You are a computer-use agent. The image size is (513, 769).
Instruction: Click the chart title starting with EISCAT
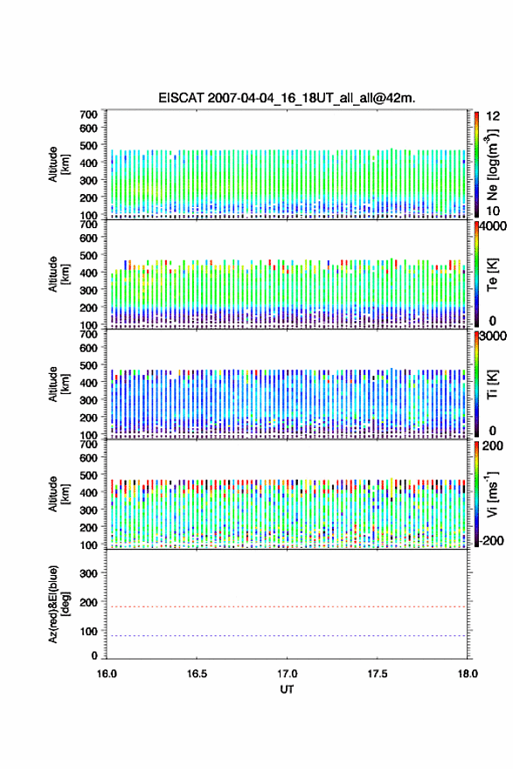point(287,98)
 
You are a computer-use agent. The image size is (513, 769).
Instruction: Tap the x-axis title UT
point(287,689)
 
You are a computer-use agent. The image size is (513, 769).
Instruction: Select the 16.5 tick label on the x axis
point(197,674)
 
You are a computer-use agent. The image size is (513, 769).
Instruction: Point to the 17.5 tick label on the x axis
point(378,674)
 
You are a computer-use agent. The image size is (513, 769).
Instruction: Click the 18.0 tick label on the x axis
point(468,674)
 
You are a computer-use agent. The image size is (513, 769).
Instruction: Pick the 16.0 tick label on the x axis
point(107,674)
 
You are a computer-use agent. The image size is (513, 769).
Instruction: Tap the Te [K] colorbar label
point(492,274)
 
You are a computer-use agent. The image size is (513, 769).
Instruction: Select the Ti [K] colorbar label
point(492,384)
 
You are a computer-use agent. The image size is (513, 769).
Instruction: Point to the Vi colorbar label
point(492,494)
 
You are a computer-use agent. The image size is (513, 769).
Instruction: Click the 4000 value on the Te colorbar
point(493,226)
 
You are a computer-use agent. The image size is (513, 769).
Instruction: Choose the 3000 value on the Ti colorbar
point(493,336)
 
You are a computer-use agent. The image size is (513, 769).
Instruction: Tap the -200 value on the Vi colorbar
point(491,540)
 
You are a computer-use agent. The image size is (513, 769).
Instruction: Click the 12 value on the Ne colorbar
point(493,116)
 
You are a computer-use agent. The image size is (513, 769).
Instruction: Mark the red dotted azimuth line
point(287,606)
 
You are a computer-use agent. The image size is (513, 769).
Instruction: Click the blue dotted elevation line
point(287,635)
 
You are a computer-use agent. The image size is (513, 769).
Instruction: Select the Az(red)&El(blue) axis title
point(59,604)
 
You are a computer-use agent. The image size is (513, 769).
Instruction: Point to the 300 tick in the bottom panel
point(88,573)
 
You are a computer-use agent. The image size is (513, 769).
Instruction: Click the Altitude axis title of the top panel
point(59,164)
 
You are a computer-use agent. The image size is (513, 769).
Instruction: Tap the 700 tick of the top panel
point(88,114)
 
